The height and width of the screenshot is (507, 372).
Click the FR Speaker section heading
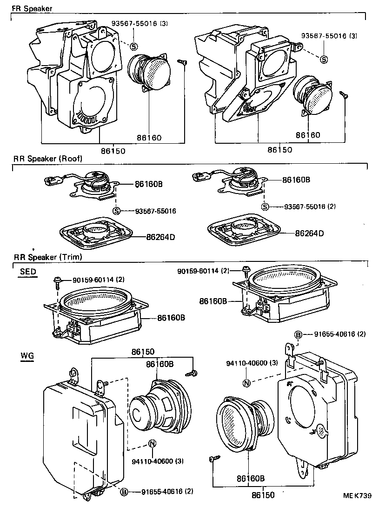tap(32, 8)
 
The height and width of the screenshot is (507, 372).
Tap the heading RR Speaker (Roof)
tap(47, 158)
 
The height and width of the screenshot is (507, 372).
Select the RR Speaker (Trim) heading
tap(47, 257)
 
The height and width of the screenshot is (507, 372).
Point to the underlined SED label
tap(28, 272)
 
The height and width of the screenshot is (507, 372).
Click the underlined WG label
tap(27, 356)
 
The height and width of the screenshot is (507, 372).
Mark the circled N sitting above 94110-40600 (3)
tap(247, 383)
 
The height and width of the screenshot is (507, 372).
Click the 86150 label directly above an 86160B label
tap(142, 353)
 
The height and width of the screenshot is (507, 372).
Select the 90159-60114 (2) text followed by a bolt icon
tap(202, 271)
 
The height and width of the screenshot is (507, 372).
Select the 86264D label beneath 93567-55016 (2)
tap(309, 233)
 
